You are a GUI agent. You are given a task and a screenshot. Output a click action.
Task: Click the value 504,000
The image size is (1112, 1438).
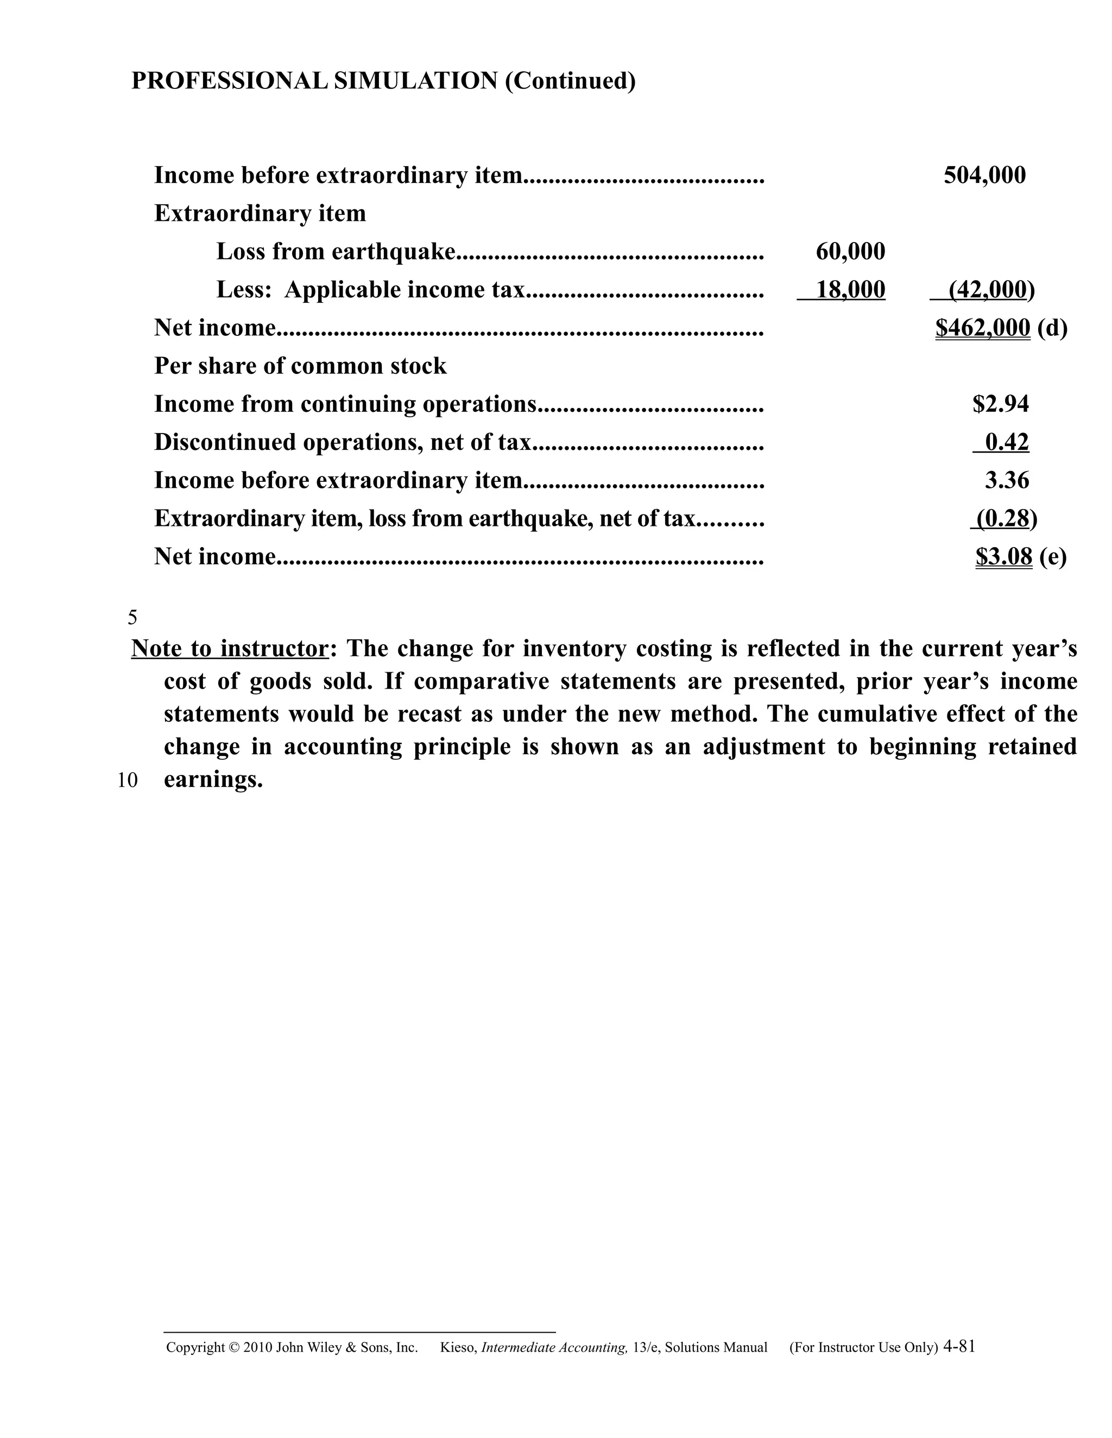pyautogui.click(x=984, y=175)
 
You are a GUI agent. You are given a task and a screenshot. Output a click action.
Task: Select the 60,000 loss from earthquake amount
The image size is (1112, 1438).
pyautogui.click(x=850, y=252)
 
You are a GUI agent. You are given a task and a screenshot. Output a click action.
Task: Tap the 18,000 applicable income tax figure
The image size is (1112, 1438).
pyautogui.click(x=850, y=290)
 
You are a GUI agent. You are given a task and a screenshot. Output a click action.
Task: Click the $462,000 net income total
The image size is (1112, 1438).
pyautogui.click(x=982, y=328)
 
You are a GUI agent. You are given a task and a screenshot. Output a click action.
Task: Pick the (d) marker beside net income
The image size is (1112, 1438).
pyautogui.click(x=1052, y=328)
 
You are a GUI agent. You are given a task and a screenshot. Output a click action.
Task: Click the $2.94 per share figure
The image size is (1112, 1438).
pyautogui.click(x=1000, y=404)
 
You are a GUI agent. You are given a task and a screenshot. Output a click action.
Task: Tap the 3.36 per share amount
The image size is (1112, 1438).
pyautogui.click(x=1006, y=481)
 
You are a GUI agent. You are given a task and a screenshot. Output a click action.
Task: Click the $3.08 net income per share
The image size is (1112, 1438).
pyautogui.click(x=1003, y=557)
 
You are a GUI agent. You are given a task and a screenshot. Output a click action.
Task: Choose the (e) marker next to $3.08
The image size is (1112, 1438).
pyautogui.click(x=1053, y=557)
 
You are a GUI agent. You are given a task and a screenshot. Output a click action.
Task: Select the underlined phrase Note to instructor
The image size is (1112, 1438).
pyautogui.click(x=229, y=648)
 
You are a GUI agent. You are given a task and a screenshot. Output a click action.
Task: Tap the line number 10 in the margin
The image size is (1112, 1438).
pyautogui.click(x=128, y=781)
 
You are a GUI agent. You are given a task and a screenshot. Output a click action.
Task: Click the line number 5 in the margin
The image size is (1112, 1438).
pyautogui.click(x=132, y=618)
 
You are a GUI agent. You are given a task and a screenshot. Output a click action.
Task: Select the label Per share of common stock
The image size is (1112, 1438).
pyautogui.click(x=300, y=366)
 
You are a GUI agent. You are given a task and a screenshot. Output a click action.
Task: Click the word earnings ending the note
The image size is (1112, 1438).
pyautogui.click(x=213, y=780)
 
